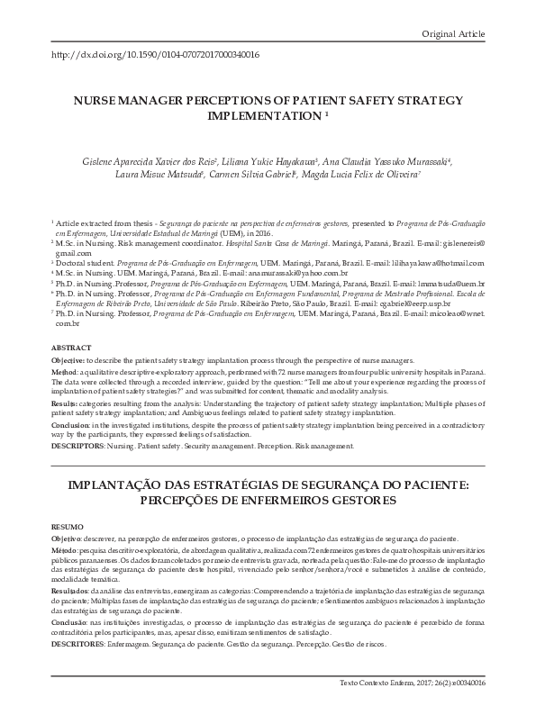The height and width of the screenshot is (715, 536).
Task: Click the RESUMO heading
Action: (x=68, y=524)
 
